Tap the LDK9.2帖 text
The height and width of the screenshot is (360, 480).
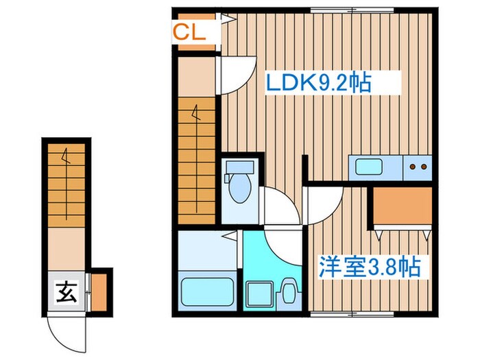(318, 83)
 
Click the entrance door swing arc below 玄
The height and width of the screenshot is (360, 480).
(67, 331)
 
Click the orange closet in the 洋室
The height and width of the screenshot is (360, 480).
(402, 206)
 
